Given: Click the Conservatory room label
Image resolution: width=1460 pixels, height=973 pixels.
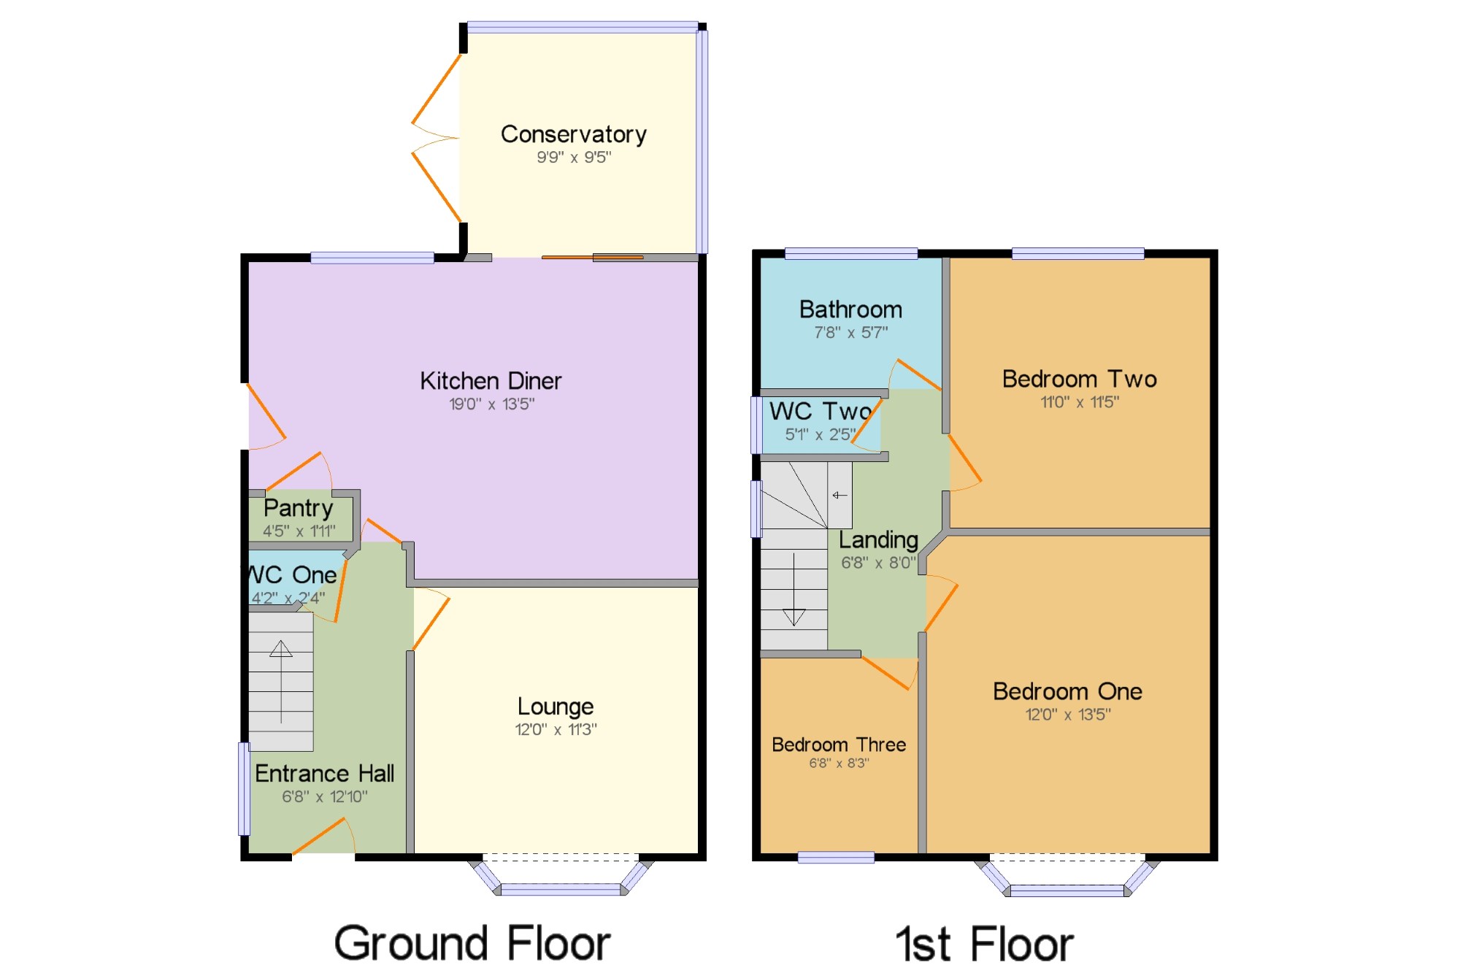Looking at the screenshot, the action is tap(574, 134).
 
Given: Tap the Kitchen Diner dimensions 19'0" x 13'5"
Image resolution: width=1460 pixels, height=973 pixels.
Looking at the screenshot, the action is tap(491, 404).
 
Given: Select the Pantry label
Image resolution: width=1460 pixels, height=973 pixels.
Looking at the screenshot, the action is tap(299, 508).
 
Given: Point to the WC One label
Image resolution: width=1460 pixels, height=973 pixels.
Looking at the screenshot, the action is tap(292, 574).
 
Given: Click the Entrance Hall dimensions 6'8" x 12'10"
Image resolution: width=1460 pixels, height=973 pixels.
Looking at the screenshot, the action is tap(325, 796).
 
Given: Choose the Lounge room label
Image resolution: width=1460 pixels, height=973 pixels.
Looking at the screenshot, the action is tap(556, 707).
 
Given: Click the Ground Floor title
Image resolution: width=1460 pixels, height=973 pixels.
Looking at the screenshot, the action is tap(472, 943).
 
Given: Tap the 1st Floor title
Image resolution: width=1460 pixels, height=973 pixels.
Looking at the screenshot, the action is tap(985, 944).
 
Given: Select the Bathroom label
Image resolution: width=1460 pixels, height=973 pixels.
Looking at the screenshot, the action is tap(850, 309).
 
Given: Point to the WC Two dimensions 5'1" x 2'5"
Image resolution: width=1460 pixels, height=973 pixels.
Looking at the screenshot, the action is tap(820, 434).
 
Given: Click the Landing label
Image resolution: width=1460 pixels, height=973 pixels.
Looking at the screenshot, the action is tap(878, 541).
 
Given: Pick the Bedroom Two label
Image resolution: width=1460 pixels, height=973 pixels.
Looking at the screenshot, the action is tap(1080, 379).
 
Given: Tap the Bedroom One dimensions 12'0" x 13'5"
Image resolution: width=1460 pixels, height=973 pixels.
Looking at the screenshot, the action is tap(1068, 715).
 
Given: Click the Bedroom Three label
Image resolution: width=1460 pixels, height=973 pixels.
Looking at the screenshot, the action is tap(839, 745).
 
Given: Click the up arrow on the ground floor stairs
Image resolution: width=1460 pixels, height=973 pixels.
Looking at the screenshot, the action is tap(281, 682).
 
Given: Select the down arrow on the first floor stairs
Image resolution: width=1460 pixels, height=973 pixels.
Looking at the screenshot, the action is tap(794, 590).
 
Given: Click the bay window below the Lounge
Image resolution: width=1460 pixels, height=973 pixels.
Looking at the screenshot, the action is tap(561, 876).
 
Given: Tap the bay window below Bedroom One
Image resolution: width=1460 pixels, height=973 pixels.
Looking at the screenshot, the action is tap(1067, 877).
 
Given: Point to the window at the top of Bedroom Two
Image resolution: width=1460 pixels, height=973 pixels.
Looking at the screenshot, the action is tap(1077, 253).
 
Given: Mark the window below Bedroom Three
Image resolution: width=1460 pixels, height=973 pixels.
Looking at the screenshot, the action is tap(836, 858).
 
